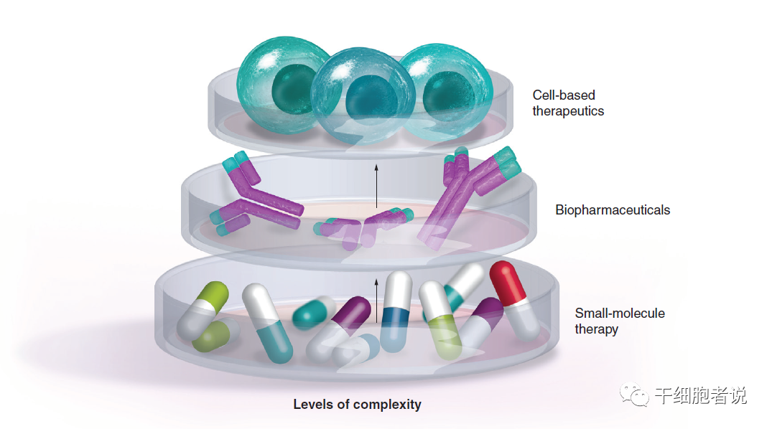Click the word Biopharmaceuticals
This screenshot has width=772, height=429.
[x=612, y=210]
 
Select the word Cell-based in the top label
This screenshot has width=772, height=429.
[x=563, y=95]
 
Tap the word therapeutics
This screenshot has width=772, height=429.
[x=568, y=111]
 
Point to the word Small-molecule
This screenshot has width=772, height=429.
[x=619, y=313]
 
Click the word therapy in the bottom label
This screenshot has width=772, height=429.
[x=596, y=329]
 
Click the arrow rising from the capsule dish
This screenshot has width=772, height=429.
[x=377, y=301]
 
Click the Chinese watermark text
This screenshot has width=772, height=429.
[x=700, y=395]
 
